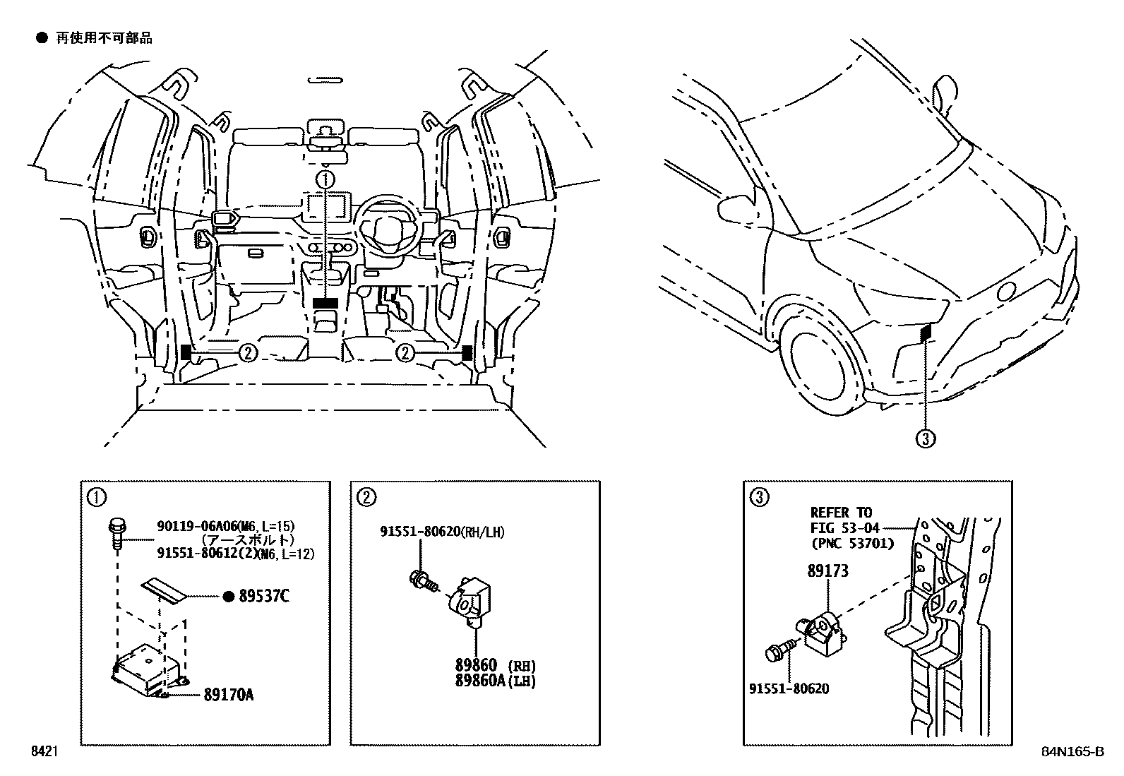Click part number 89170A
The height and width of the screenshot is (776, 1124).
coord(228,695)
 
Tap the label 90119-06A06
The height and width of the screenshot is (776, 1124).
coord(196,526)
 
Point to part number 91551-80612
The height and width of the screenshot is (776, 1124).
coord(194,554)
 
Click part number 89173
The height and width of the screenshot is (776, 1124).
coord(827,571)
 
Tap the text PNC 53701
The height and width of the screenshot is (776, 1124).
coord(851,543)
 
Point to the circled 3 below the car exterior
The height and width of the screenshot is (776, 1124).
coord(926,439)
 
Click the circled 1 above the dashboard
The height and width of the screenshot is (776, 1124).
coord(325,179)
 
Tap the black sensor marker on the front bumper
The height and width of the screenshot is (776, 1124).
coord(926,331)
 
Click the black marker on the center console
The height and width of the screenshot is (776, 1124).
coord(325,303)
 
